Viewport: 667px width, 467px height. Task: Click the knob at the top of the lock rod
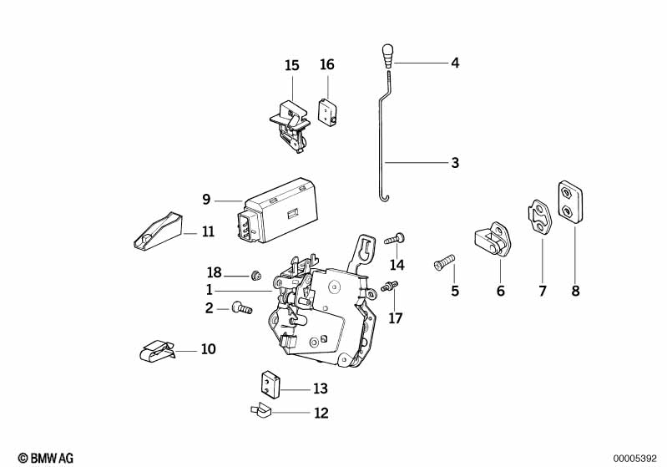(x=388, y=55)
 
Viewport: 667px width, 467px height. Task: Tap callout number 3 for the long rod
(x=455, y=163)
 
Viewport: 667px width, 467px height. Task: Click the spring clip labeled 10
(x=158, y=351)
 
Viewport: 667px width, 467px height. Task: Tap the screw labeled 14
(x=396, y=239)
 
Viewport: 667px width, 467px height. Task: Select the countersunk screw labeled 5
(x=443, y=263)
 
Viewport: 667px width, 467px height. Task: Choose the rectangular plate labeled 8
(x=570, y=201)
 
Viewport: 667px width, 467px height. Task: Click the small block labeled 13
(x=267, y=383)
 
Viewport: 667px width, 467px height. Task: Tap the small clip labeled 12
(x=260, y=410)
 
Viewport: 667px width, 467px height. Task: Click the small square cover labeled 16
(x=326, y=112)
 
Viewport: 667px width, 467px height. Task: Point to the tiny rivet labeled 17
(x=388, y=287)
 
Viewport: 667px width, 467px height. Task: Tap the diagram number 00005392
(x=638, y=458)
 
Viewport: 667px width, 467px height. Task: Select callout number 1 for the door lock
(x=210, y=290)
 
